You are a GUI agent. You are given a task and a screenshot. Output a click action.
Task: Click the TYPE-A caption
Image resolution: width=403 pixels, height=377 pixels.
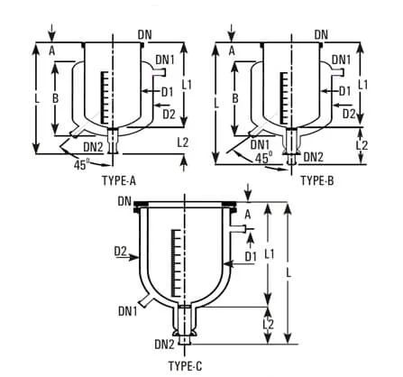point(118,180)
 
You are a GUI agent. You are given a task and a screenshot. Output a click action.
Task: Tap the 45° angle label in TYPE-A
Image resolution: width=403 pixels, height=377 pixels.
point(82,165)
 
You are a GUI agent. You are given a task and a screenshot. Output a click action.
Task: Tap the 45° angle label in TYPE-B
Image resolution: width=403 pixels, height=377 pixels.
point(263,157)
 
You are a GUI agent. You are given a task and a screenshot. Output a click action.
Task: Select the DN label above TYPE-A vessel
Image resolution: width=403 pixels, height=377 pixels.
point(144,34)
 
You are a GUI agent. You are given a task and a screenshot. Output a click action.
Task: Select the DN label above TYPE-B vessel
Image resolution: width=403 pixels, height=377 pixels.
point(321,34)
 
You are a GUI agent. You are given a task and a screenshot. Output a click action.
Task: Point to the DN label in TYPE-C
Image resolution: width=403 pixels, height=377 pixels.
point(124,200)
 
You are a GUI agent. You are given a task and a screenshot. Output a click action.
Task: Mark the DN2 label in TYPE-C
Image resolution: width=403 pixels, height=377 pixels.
point(165,344)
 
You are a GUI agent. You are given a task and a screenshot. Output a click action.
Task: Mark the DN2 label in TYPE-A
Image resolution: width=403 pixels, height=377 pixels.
point(93,146)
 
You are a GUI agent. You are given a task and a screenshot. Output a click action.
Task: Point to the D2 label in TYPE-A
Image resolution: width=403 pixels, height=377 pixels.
point(169,113)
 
